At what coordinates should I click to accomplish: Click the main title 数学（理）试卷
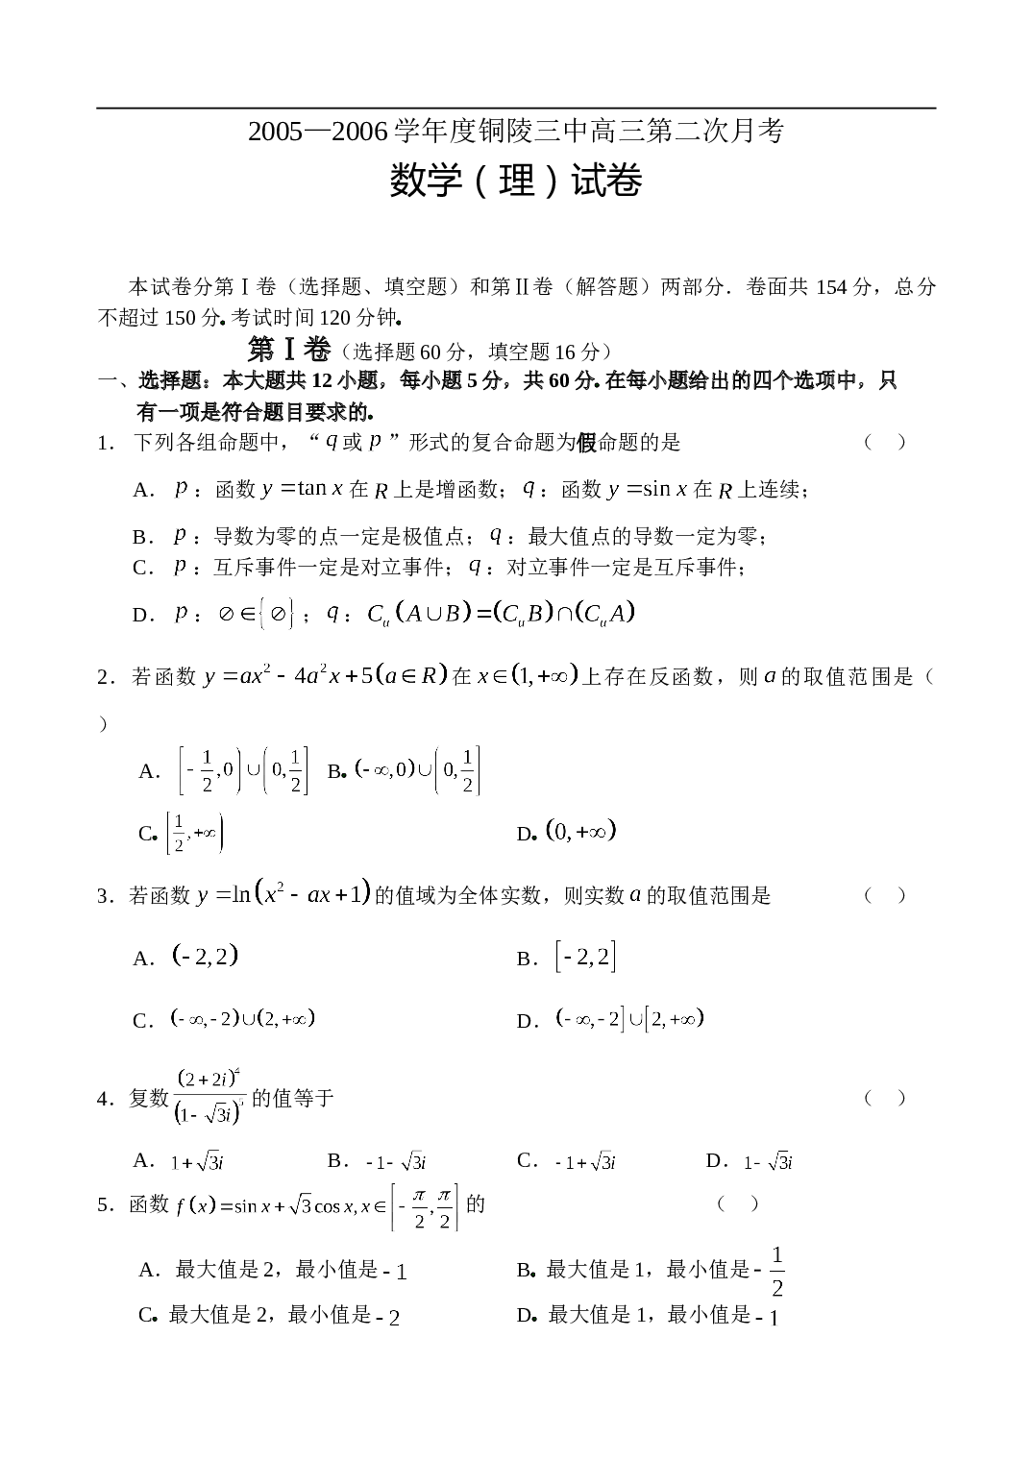[516, 181]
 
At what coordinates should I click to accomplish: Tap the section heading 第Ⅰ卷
[288, 351]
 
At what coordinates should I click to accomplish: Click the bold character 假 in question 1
[587, 443]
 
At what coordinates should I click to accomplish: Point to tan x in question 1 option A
[320, 489]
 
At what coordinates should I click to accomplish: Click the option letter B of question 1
[139, 537]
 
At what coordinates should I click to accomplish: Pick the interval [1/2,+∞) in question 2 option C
[195, 833]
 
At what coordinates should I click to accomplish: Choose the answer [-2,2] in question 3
[585, 957]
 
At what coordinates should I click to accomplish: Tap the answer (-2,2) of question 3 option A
[205, 956]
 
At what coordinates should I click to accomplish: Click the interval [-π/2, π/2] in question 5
[425, 1206]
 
